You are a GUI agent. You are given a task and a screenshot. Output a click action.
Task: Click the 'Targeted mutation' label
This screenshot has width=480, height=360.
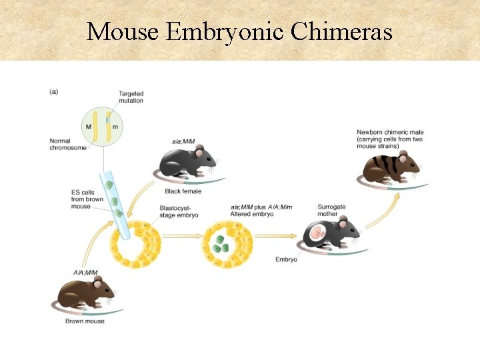click(x=131, y=97)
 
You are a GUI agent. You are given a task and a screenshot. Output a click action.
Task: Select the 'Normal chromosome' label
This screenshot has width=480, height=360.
click(x=67, y=144)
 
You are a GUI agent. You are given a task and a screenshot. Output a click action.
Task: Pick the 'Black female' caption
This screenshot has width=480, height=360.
click(x=183, y=191)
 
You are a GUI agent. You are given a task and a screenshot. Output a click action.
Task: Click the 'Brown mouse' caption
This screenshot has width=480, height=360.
click(x=85, y=321)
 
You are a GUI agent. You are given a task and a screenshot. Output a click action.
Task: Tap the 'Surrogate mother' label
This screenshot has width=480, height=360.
click(x=331, y=210)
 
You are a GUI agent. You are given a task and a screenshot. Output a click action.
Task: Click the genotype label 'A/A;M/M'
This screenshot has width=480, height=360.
click(x=85, y=273)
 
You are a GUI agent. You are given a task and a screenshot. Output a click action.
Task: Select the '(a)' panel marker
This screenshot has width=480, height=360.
click(x=53, y=91)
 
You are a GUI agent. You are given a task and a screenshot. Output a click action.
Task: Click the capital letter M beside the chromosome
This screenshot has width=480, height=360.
click(x=88, y=127)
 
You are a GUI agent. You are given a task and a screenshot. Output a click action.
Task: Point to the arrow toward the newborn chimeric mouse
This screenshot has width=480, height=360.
click(x=383, y=210)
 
